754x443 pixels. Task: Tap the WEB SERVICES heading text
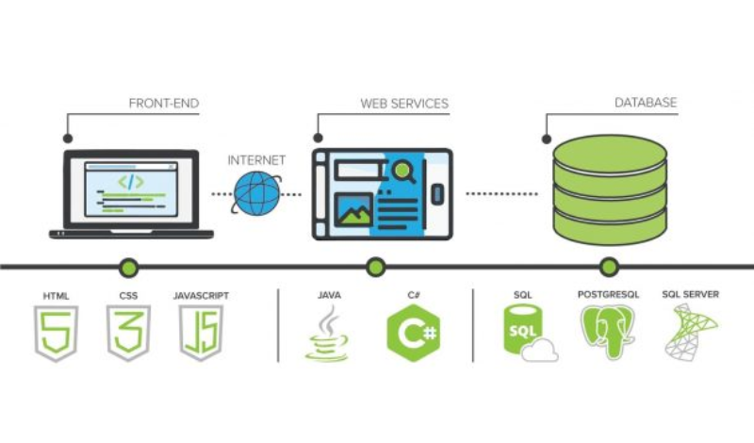click(404, 102)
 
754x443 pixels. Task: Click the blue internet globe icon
click(257, 194)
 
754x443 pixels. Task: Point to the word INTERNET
click(256, 160)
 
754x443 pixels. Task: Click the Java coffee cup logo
click(328, 336)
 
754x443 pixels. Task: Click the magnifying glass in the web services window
click(404, 172)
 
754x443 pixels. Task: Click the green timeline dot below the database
click(609, 267)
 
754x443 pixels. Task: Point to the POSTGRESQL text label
click(608, 295)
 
